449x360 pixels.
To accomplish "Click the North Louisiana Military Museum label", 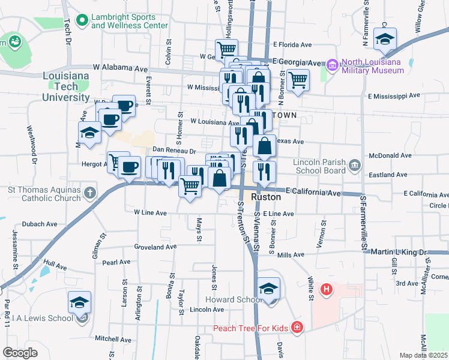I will tap(373, 66).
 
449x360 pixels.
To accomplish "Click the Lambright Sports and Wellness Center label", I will tap(129, 22).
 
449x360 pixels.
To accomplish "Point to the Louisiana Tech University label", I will tap(66, 86).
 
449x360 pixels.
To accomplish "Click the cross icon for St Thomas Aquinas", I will tap(90, 193).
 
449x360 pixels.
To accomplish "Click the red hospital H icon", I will tap(327, 290).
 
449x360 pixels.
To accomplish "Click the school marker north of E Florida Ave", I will tap(384, 39).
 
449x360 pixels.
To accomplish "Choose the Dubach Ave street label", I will tap(40, 224).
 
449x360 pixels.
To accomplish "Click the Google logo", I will tap(20, 353).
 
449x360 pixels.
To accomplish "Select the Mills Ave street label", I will tap(291, 255).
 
